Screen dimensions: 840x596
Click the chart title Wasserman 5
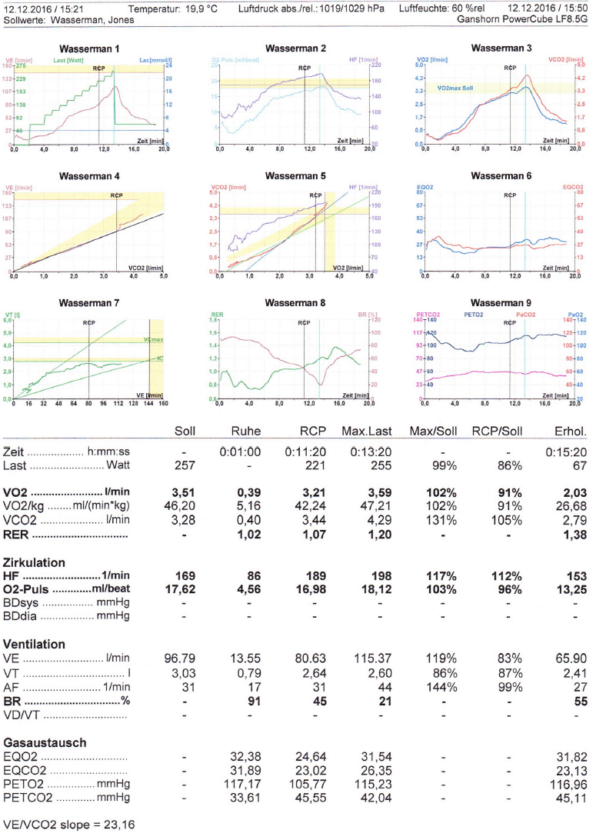pos(295,176)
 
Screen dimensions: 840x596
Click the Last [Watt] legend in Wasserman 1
pos(69,60)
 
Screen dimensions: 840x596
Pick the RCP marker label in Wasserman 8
pos(305,322)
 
